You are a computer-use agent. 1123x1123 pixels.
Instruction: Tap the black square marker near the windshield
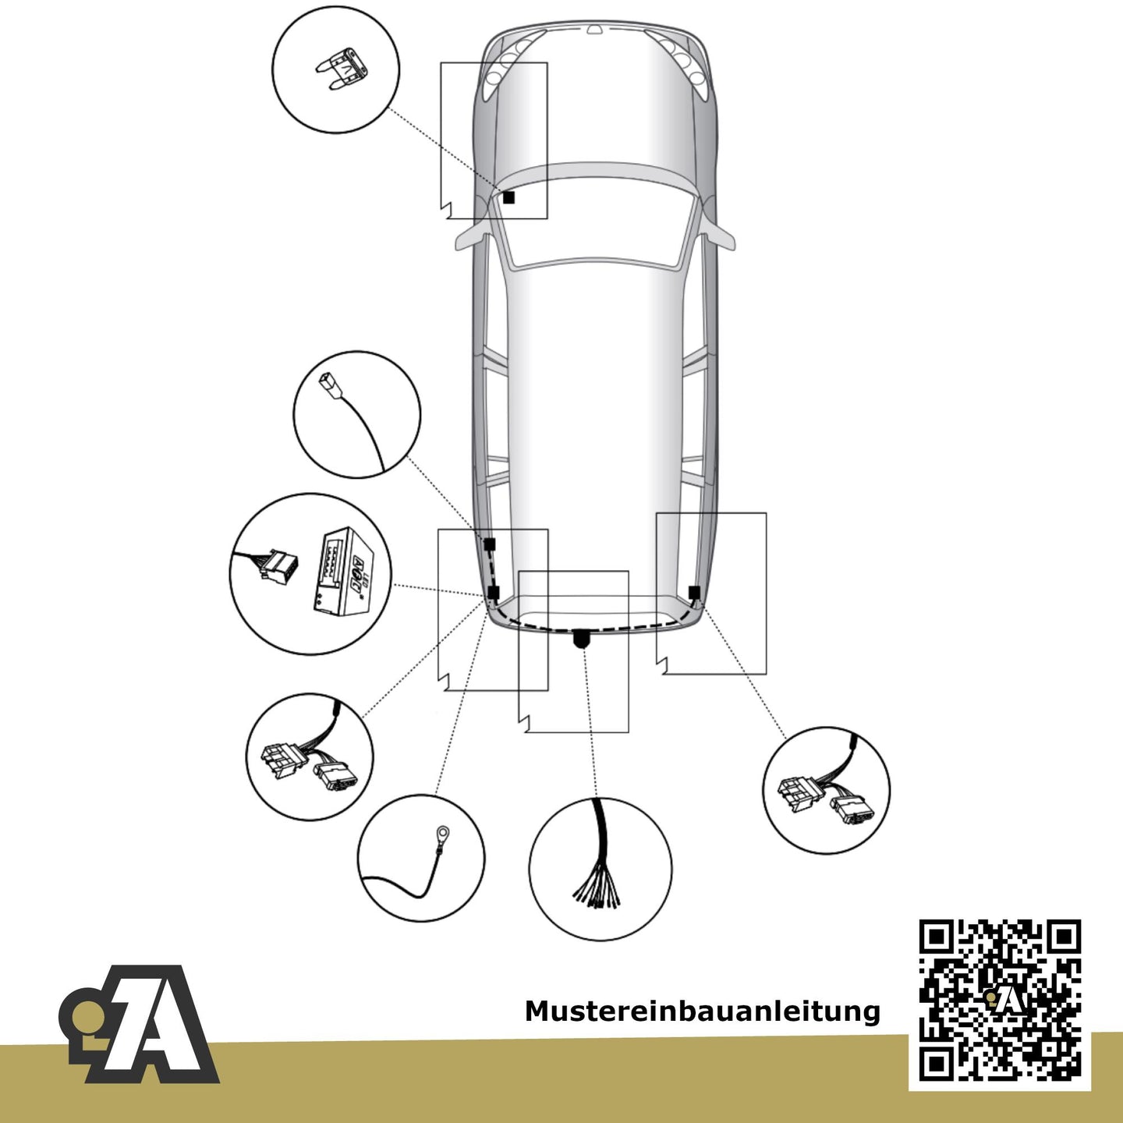click(x=508, y=197)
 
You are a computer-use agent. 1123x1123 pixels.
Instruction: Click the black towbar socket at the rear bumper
click(x=583, y=639)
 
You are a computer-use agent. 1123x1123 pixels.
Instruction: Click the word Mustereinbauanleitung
click(x=702, y=1011)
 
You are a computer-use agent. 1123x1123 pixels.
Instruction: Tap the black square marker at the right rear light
click(x=694, y=593)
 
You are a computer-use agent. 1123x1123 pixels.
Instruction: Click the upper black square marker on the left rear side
click(x=490, y=544)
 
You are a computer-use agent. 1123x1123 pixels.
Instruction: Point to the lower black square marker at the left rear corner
click(x=494, y=593)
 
